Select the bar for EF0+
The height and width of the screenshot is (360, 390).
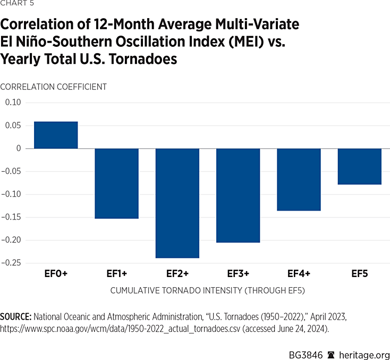coord(56,135)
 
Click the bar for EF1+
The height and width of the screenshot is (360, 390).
coord(116,183)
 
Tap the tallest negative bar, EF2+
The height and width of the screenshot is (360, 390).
coord(177,203)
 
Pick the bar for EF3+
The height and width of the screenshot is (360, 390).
coord(238,195)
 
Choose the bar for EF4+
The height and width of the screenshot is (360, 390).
coord(299,179)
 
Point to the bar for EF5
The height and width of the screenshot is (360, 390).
coord(359,166)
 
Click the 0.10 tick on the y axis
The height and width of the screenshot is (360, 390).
coord(15,103)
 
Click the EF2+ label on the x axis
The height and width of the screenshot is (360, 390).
coord(177,274)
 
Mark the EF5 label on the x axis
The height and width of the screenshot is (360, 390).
coord(359,274)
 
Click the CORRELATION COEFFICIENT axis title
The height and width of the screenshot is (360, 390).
coord(54,86)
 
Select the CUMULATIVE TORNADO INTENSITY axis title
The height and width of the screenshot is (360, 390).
coord(208,291)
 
